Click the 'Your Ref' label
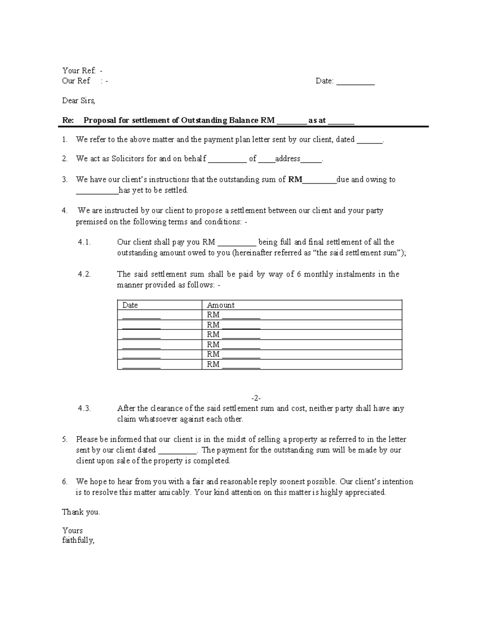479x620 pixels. click(x=79, y=71)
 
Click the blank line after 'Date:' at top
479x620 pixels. click(x=355, y=82)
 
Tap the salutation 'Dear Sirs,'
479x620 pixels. click(x=79, y=101)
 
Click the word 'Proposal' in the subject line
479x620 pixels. click(x=99, y=120)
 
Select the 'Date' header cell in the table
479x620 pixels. click(x=130, y=305)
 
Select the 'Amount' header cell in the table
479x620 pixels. click(x=221, y=305)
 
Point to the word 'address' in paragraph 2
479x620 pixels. click(x=287, y=158)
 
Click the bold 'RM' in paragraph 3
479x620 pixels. click(x=295, y=180)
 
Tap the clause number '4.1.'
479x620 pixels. click(x=84, y=242)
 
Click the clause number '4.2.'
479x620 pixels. click(x=84, y=274)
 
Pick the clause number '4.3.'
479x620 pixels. click(x=84, y=408)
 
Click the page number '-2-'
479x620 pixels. click(x=256, y=398)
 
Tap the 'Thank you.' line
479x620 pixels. click(x=81, y=512)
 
